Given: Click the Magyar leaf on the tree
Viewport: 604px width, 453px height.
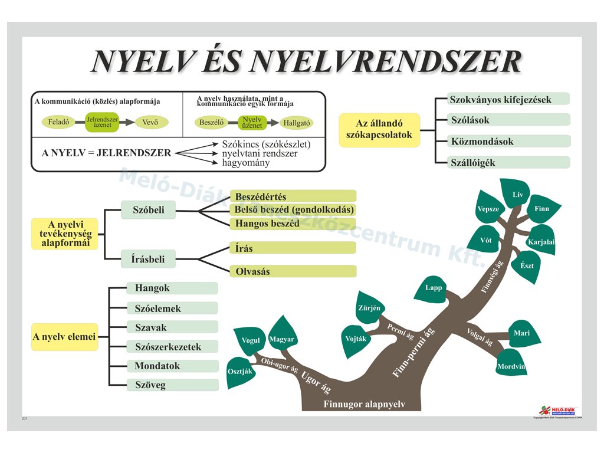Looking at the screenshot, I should [282, 339].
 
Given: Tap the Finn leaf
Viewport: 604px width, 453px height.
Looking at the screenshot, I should [542, 209].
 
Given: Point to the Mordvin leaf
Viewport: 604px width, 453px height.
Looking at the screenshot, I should [511, 366].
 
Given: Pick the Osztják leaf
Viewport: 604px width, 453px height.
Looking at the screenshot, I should [240, 372].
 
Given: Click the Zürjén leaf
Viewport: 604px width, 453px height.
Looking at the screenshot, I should [369, 308].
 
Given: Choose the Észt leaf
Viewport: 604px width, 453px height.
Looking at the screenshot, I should [526, 265].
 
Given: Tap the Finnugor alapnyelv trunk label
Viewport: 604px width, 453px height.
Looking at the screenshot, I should [364, 405].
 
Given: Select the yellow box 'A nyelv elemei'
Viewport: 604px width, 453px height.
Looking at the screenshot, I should [64, 337].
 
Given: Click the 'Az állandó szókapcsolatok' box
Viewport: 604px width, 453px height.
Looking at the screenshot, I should [379, 130].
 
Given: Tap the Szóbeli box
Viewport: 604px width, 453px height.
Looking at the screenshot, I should [148, 210].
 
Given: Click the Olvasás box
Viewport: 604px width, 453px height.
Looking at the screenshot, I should [293, 271].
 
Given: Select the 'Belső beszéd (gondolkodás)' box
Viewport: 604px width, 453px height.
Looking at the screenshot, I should [293, 209].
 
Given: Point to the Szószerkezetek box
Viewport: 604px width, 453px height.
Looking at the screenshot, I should [172, 347].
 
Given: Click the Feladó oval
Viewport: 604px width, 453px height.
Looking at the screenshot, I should [59, 122].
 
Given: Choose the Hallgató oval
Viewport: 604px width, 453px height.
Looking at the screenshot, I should [296, 123].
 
